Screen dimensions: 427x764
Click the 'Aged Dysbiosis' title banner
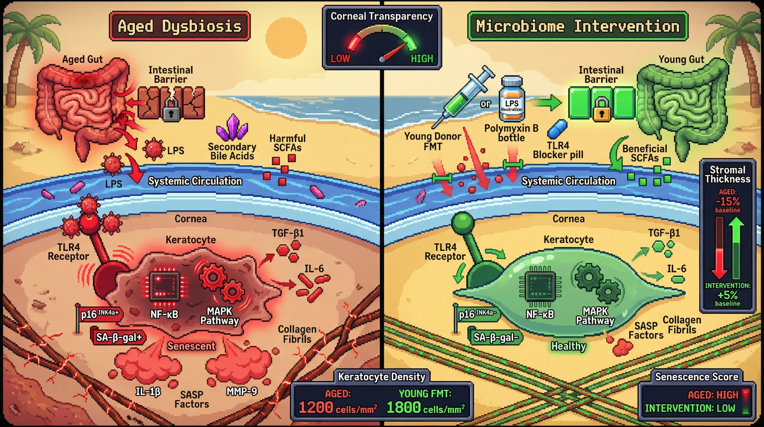tap(179, 26)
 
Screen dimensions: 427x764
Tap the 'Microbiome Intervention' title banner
tap(577, 26)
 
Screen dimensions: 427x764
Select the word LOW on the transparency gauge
tap(340, 58)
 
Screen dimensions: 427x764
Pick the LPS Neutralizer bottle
tap(512, 100)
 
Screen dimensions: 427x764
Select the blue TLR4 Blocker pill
tap(557, 129)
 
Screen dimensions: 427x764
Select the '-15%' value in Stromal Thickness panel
tap(727, 202)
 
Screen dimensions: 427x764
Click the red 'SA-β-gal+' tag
tap(119, 337)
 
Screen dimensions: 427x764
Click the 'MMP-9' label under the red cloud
tap(242, 391)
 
